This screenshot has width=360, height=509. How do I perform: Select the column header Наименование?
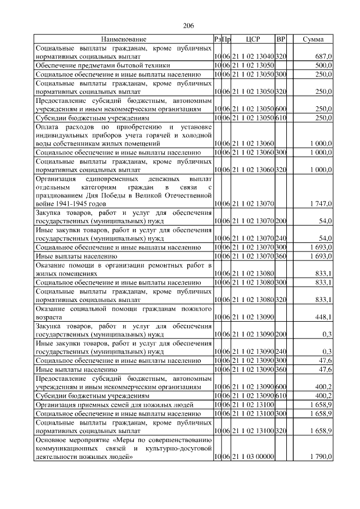tap(124, 39)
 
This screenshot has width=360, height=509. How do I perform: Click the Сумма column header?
tap(313, 39)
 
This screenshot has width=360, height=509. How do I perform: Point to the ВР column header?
tap(281, 39)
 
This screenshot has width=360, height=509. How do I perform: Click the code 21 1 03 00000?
tap(248, 457)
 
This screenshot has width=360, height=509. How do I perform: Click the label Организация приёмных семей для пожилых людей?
tap(115, 404)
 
